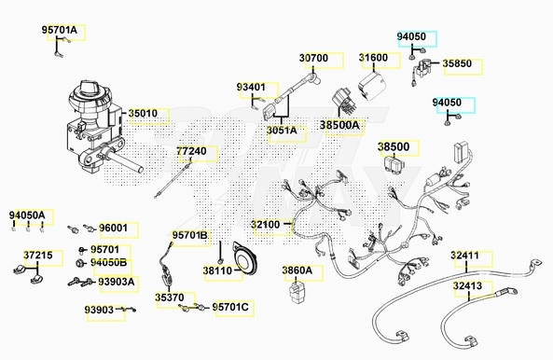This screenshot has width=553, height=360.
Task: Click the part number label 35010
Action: (x=143, y=114)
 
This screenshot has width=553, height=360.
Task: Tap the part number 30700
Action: (x=313, y=58)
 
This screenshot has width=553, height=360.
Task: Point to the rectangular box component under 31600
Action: (x=372, y=86)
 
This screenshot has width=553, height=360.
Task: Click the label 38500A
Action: (x=339, y=125)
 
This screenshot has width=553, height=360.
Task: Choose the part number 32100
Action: (x=265, y=225)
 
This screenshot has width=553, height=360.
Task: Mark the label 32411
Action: (x=464, y=256)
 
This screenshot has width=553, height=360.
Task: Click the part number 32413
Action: (x=467, y=285)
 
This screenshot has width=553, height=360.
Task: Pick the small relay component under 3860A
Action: (x=297, y=290)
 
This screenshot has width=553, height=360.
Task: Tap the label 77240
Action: (x=191, y=151)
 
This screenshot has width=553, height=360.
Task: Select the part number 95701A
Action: (x=60, y=30)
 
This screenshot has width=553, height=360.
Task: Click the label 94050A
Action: (x=27, y=215)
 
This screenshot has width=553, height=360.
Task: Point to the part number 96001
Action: (x=113, y=228)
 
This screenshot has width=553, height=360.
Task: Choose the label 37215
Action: (x=38, y=256)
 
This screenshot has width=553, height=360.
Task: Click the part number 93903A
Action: (x=116, y=282)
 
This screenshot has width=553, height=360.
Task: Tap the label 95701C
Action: (x=230, y=307)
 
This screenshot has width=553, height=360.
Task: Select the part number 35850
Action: (x=457, y=63)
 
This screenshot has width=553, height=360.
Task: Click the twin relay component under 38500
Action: (x=395, y=163)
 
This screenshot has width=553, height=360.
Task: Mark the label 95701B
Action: (x=189, y=235)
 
